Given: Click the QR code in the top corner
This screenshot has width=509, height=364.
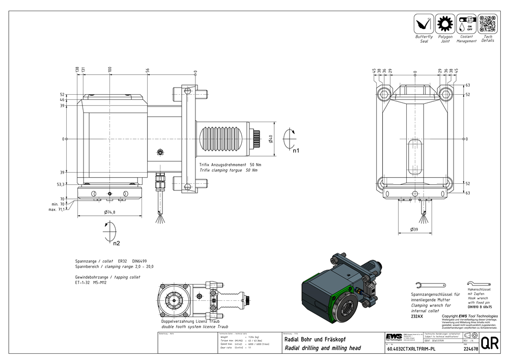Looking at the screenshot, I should click(x=487, y=23).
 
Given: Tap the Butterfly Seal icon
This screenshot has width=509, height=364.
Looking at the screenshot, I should click(x=423, y=24).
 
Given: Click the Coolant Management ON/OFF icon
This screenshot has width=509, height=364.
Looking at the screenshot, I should click(x=466, y=24).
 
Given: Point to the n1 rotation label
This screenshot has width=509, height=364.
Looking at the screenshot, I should click(x=296, y=150).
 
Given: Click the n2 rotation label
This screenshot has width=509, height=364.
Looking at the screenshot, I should click(x=117, y=243).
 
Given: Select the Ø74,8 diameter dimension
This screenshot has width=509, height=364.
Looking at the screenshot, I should click(x=109, y=212).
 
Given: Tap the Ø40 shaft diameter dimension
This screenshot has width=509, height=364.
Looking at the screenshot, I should click(x=271, y=138).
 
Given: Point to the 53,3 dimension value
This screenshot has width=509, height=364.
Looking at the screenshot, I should click(x=60, y=185).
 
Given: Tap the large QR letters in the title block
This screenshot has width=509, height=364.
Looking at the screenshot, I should click(x=489, y=344).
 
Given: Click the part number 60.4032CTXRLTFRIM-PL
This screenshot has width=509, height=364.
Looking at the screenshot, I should click(x=411, y=350).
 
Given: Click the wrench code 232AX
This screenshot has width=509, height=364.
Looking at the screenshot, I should click(x=417, y=316).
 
